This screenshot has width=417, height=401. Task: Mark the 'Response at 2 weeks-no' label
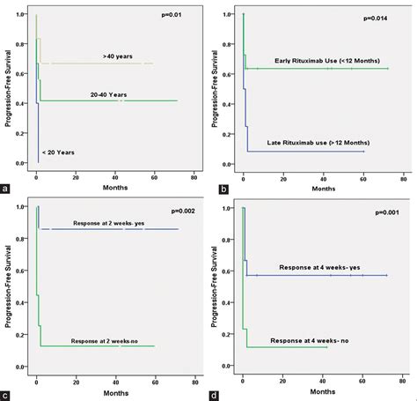click(103, 339)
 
